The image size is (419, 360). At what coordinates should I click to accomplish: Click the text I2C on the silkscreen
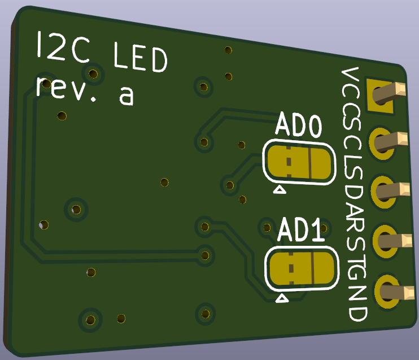63,47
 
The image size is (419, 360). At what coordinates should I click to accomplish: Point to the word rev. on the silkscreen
66,89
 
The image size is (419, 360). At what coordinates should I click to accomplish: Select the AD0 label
299,125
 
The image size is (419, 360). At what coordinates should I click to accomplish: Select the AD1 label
301,229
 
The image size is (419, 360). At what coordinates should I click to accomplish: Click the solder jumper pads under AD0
299,163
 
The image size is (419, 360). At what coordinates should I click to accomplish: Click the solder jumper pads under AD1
302,269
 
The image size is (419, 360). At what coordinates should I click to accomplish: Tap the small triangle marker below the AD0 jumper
280,190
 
